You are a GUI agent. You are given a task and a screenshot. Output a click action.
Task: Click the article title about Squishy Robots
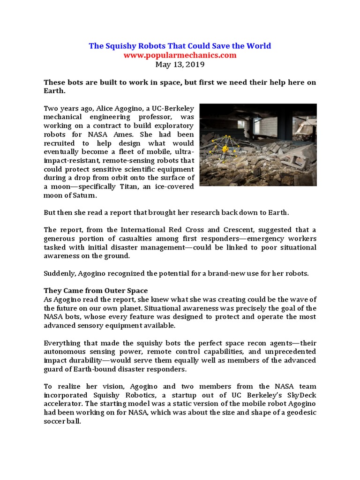[180, 46]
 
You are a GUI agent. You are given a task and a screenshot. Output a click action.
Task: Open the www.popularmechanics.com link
[180, 55]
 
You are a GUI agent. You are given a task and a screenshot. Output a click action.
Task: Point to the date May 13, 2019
[180, 64]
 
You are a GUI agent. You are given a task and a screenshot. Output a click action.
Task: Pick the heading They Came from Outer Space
[96, 290]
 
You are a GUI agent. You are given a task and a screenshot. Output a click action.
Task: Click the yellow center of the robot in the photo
[225, 148]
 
